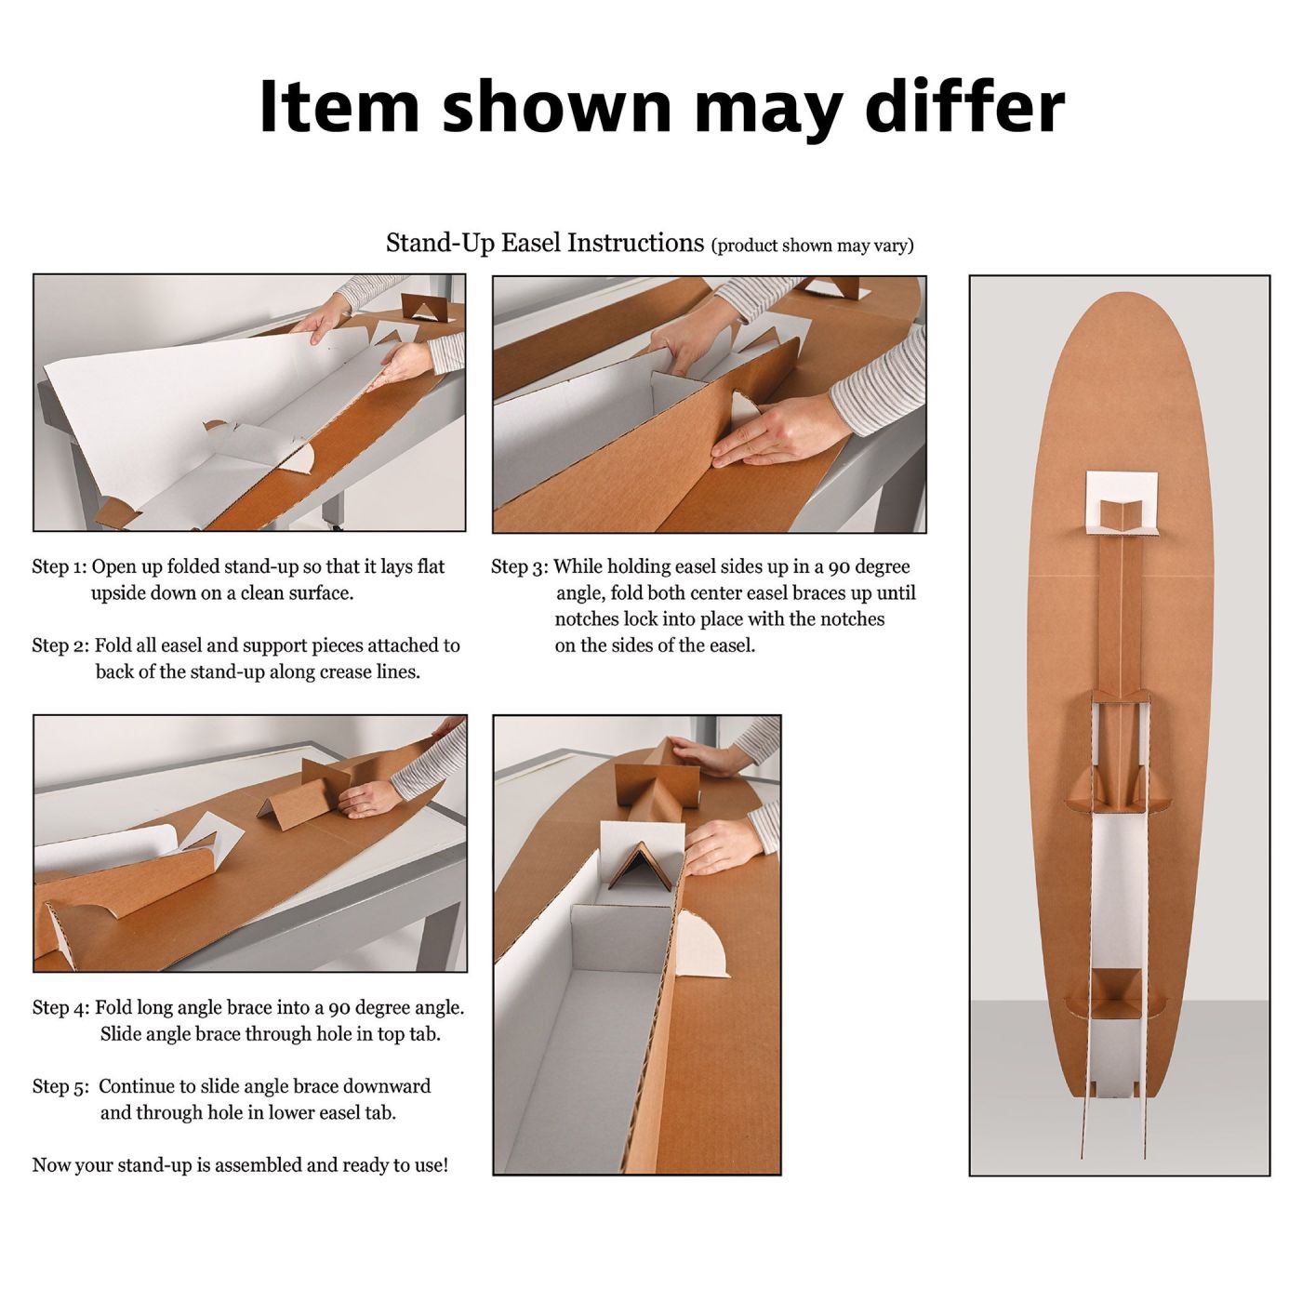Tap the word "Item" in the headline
pos(339,107)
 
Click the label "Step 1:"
pos(60,566)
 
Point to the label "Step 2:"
pos(60,645)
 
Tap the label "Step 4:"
pos(60,1007)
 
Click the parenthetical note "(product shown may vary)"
pos(812,246)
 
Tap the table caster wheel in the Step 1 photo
pos(331,524)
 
